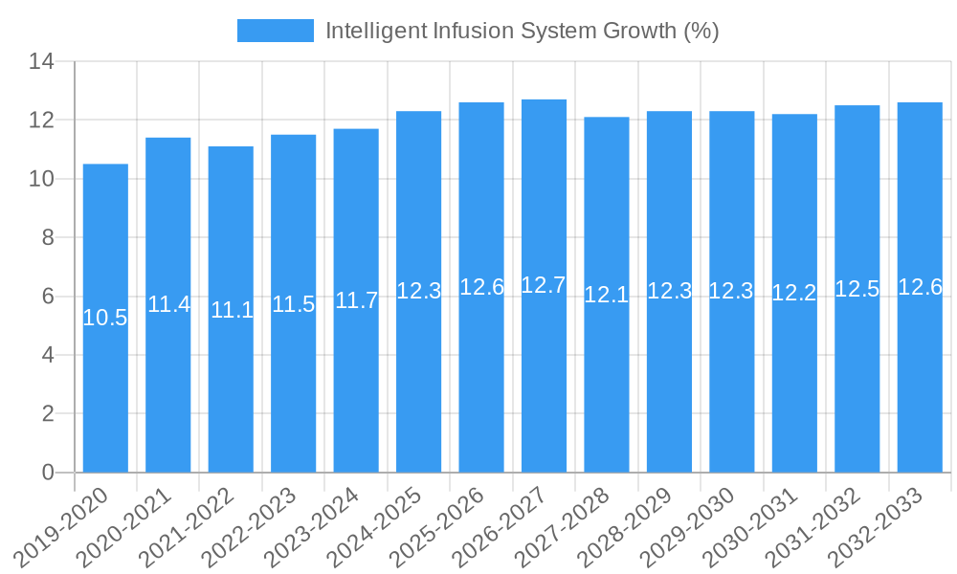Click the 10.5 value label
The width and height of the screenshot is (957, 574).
[105, 319]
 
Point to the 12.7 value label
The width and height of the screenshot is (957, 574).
[544, 285]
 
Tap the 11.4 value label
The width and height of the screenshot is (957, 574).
[168, 304]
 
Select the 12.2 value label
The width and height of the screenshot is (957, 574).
[794, 294]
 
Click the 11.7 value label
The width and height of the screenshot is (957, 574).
[356, 300]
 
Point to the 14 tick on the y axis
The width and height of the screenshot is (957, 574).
[41, 62]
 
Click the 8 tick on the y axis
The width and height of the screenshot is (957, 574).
[47, 238]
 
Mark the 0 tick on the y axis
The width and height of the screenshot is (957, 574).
[47, 473]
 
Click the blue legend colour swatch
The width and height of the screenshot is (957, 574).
[276, 31]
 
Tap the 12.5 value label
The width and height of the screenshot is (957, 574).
[857, 289]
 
